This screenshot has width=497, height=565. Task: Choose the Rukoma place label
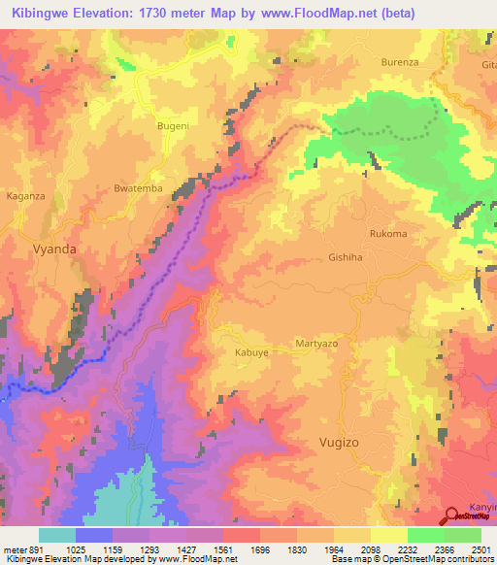click(x=388, y=234)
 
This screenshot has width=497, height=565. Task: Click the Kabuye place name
click(x=251, y=353)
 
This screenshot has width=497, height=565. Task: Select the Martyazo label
click(x=315, y=346)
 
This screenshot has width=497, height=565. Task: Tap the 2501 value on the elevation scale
click(x=479, y=548)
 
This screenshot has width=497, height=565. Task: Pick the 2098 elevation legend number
click(x=367, y=548)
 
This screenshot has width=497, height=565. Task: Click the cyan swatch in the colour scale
click(x=57, y=534)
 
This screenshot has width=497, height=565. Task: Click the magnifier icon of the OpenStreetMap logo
click(x=452, y=516)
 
